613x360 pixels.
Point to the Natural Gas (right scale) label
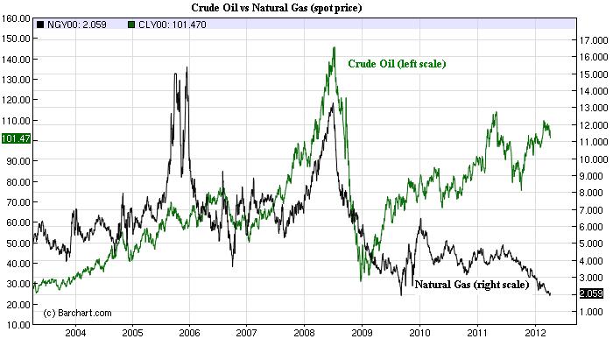pyautogui.click(x=472, y=285)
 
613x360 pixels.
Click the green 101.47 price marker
pyautogui.click(x=15, y=138)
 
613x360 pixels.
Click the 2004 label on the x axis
pyautogui.click(x=75, y=334)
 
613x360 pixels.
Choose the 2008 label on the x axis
pyautogui.click(x=304, y=334)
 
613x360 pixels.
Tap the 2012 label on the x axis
pyautogui.click(x=532, y=334)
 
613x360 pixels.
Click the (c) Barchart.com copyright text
pyautogui.click(x=77, y=313)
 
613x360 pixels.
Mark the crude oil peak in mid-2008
pyautogui.click(x=335, y=47)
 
